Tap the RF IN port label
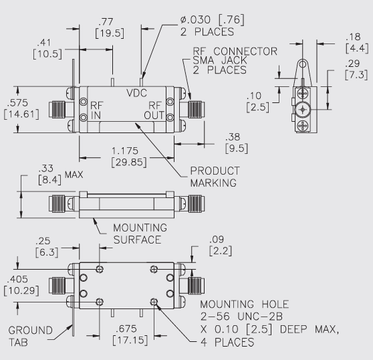click(x=97, y=108)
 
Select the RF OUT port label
click(x=154, y=108)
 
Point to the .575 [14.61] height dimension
click(x=16, y=108)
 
